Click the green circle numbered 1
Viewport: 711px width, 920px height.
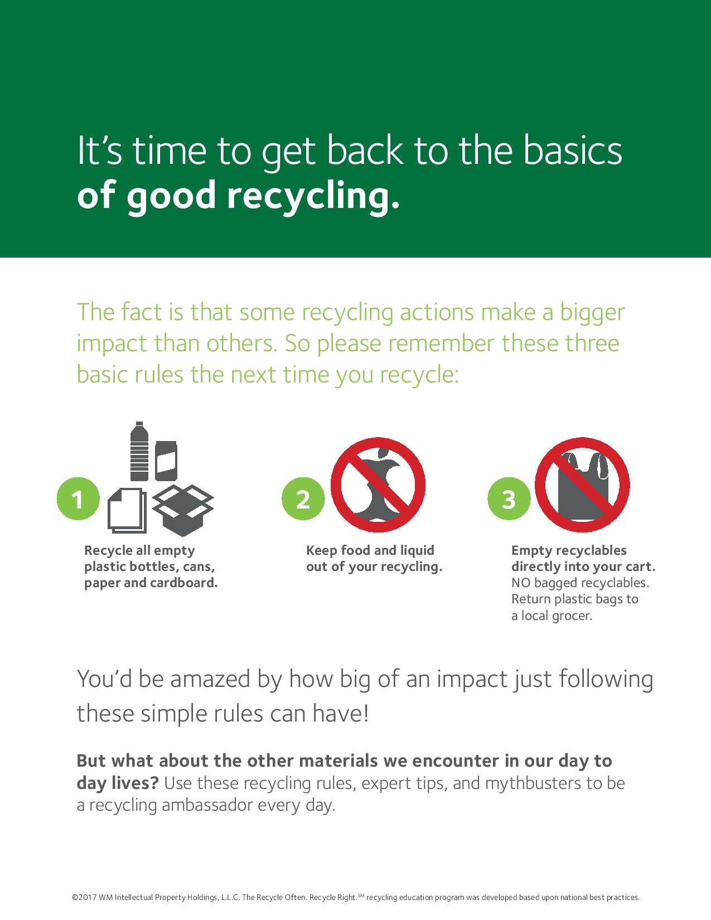(78, 499)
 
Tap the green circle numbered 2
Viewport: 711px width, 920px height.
(303, 499)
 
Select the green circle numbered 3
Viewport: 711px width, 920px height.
(508, 499)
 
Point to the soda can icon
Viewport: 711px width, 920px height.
(166, 460)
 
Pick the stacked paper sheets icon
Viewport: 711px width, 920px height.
(126, 510)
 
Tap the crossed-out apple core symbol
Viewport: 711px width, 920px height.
(378, 484)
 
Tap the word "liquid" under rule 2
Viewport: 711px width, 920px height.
(417, 550)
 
